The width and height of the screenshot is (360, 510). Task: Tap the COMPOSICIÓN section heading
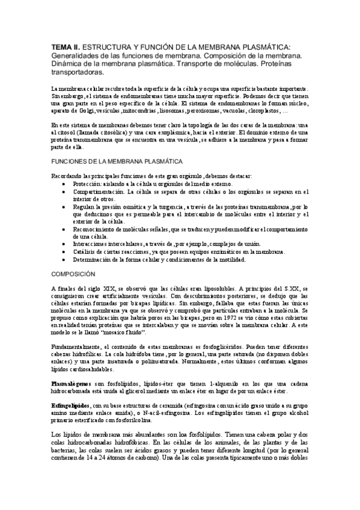[75, 273]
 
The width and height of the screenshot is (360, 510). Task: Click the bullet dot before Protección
[63, 183]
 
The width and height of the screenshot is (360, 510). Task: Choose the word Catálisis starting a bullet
[85, 252]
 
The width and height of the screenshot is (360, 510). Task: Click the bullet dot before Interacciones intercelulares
[63, 244]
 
